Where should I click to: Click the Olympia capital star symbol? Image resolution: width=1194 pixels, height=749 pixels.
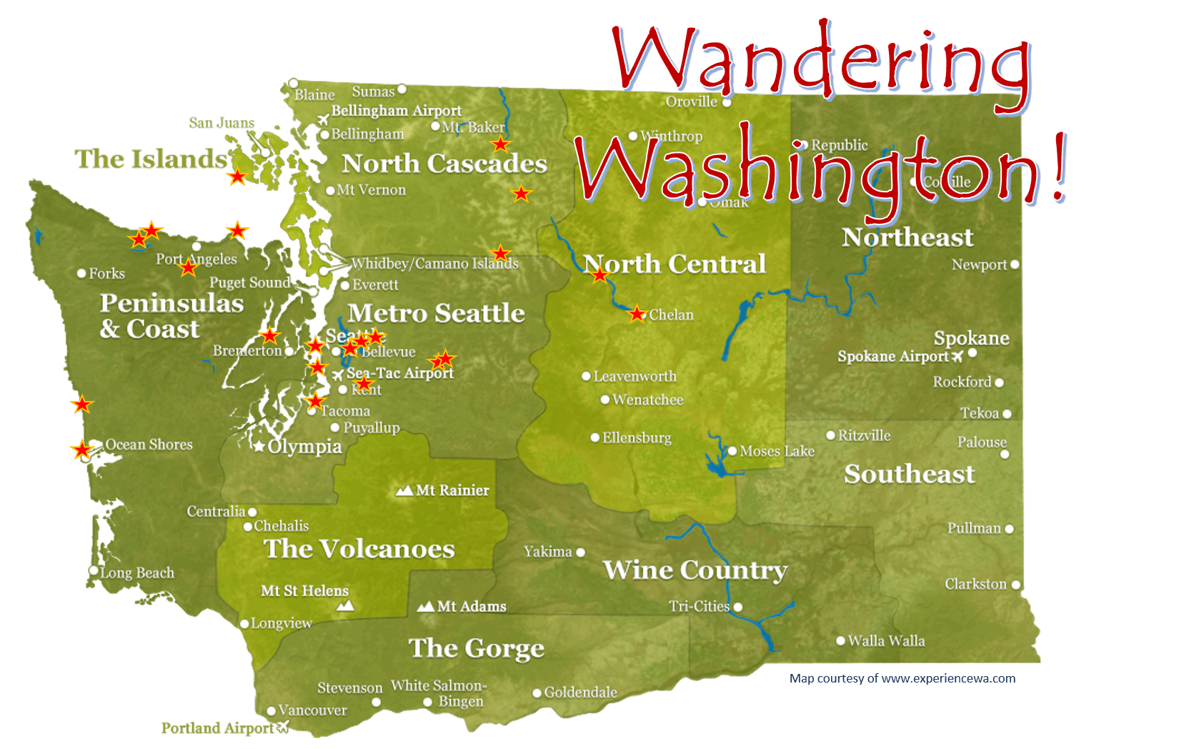pos(259,447)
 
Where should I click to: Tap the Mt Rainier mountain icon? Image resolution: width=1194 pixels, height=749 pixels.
pos(404,491)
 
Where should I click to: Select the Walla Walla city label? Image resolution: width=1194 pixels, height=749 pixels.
pos(886,641)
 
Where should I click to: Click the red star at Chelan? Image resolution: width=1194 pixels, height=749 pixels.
pos(636,314)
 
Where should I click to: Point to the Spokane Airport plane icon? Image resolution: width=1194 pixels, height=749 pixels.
pos(957,356)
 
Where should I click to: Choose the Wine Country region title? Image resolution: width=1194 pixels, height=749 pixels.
pos(695,570)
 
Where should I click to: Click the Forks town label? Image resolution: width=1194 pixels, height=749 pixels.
pos(106,274)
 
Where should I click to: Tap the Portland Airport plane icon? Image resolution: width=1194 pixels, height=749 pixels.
pos(283,727)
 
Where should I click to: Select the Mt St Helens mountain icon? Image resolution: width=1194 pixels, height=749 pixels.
pos(345,605)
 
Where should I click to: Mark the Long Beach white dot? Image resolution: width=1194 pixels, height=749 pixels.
pos(94,570)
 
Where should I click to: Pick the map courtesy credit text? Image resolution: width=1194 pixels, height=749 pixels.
pos(902,678)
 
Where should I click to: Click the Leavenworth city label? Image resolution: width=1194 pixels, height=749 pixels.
pos(635,377)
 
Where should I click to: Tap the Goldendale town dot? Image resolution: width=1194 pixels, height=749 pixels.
pos(537,693)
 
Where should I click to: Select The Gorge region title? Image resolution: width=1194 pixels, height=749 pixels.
pos(476,648)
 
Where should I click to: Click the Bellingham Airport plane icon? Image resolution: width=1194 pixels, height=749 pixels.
pos(323,119)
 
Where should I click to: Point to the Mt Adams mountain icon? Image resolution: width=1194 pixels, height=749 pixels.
pos(426,606)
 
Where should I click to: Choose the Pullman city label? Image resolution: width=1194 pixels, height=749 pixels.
pos(974,528)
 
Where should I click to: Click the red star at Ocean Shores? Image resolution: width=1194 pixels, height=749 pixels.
pos(82,450)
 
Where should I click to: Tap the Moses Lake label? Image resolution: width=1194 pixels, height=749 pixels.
pos(777,451)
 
